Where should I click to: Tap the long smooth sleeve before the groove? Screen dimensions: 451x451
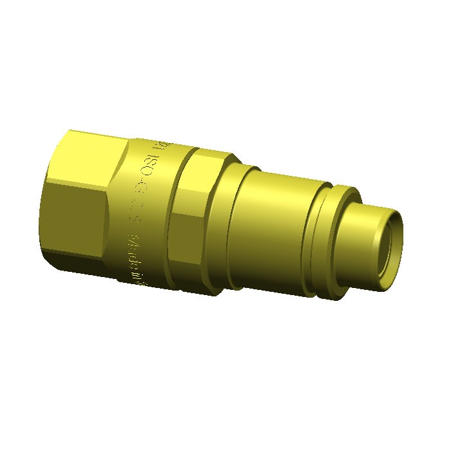tap(271, 225)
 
